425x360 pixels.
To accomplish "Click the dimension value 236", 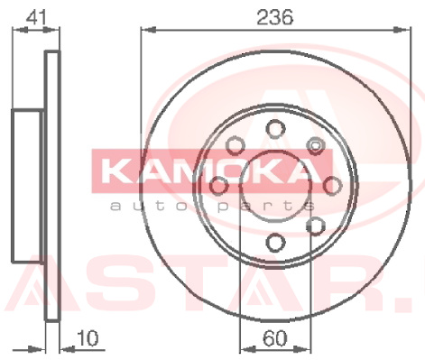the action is [275, 17].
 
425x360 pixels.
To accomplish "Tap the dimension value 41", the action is [36, 17].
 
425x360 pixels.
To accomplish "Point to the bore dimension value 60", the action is [275, 338].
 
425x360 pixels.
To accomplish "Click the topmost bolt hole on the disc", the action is [275, 129].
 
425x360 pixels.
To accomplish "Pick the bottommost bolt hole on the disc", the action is [275, 243].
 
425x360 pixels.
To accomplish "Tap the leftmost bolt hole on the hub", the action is [218, 186].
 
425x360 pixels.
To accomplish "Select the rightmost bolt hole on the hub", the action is [332, 186].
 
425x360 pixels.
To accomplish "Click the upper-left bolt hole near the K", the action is [236, 145].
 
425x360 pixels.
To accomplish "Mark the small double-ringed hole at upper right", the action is [315, 145].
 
